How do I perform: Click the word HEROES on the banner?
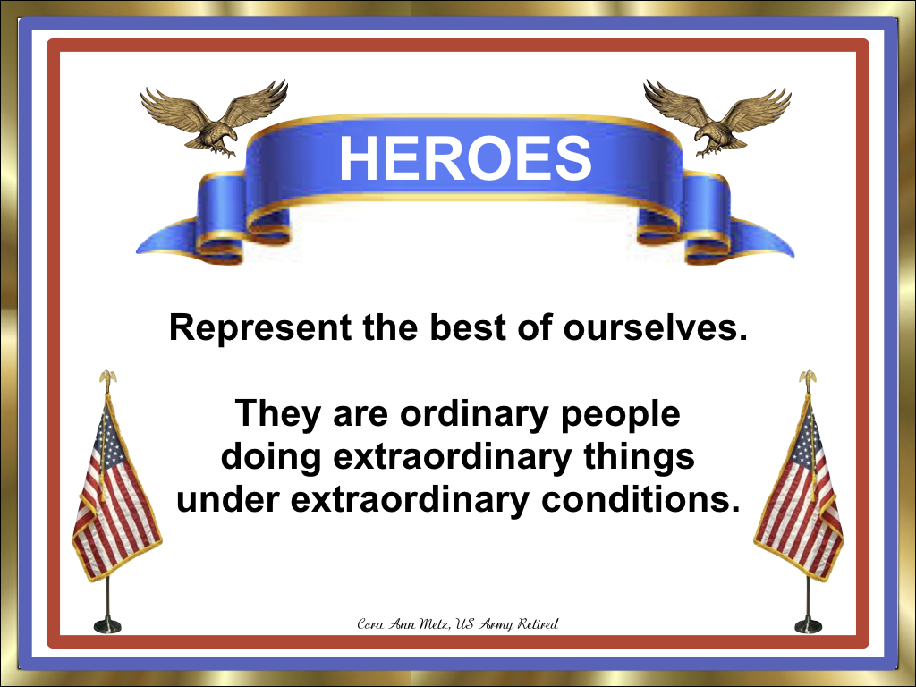tap(464, 158)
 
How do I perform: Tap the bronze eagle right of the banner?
tap(716, 117)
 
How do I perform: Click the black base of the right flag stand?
tap(808, 624)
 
